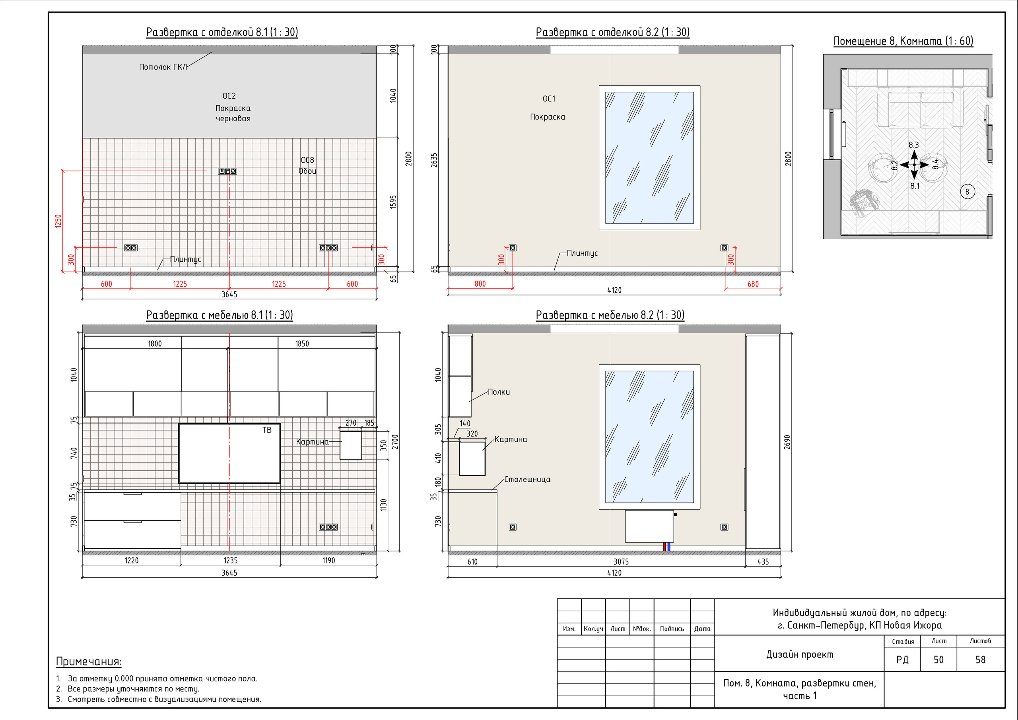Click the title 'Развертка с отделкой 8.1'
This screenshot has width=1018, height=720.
click(207, 32)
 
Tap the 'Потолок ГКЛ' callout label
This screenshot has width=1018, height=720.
click(163, 67)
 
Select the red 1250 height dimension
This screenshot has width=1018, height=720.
click(58, 221)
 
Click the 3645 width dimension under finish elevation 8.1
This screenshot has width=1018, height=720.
click(229, 294)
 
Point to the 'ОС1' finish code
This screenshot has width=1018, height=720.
click(549, 99)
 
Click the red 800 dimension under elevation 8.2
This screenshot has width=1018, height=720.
click(480, 284)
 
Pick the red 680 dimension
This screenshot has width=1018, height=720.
click(753, 284)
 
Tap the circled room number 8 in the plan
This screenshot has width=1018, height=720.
click(967, 192)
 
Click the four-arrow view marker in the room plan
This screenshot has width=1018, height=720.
click(914, 165)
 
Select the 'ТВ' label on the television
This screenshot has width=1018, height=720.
click(266, 430)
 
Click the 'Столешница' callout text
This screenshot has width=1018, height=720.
click(527, 479)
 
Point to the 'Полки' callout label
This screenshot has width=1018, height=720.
click(499, 392)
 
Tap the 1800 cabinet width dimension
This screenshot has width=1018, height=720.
click(155, 344)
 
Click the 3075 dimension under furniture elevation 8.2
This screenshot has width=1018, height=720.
click(621, 562)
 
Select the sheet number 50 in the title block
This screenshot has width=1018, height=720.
click(938, 660)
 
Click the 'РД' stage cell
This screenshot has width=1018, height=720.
click(902, 660)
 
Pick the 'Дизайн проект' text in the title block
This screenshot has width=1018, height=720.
click(799, 654)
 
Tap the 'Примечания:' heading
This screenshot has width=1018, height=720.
click(89, 662)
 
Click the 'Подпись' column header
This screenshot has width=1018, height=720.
click(672, 629)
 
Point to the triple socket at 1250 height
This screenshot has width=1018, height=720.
click(227, 171)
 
